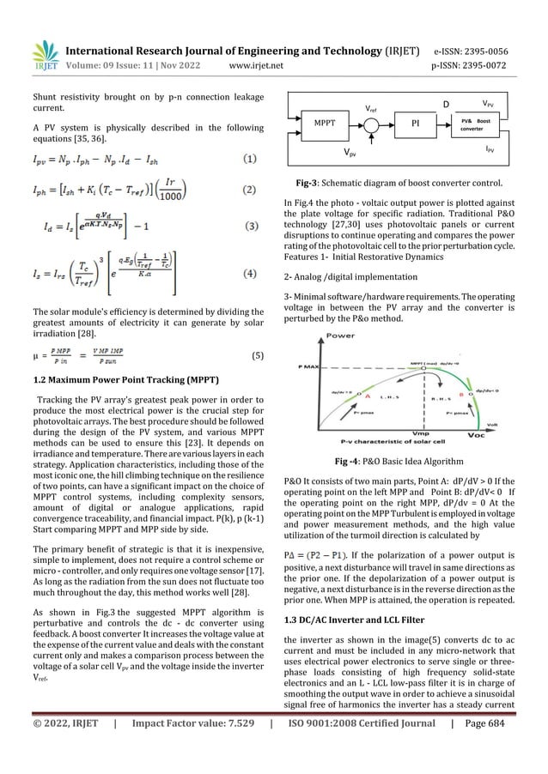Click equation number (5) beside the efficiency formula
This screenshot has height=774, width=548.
click(251, 354)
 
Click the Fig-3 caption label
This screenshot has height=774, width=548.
click(307, 182)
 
